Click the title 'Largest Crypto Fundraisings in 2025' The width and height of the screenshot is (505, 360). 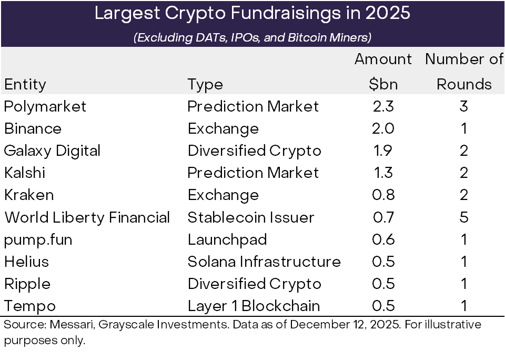[x=252, y=14]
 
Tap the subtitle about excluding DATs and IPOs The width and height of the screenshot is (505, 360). [x=252, y=38]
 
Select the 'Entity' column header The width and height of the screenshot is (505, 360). [x=25, y=84]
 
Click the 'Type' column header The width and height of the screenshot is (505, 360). [x=205, y=84]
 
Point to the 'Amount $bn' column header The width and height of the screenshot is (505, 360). [x=383, y=72]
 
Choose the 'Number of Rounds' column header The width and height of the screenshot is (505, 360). [x=464, y=72]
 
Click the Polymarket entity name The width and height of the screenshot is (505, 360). [x=45, y=106]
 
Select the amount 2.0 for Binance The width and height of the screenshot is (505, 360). [x=383, y=128]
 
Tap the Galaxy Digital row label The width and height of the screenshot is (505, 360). [x=52, y=151]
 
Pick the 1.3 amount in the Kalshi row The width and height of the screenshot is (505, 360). [x=383, y=173]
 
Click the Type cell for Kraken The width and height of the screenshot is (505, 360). [x=223, y=195]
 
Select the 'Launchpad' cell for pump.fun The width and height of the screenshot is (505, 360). [x=227, y=239]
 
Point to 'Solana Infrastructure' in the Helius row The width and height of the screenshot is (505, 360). [x=264, y=262]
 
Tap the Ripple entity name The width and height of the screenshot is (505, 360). [x=27, y=284]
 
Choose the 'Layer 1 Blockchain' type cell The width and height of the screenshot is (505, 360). [x=254, y=306]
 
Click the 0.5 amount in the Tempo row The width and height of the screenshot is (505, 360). [x=383, y=306]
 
